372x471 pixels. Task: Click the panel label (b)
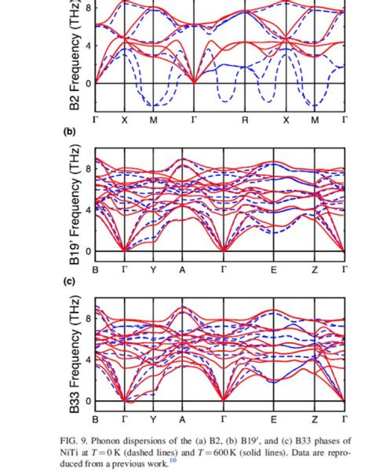(69, 132)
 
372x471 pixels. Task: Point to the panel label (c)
(69, 282)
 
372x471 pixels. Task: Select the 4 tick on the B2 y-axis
(88, 45)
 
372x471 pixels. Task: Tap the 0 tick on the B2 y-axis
(88, 83)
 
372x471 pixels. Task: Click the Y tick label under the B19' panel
(153, 269)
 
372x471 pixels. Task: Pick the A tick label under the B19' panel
(182, 269)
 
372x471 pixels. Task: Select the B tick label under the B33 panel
(96, 419)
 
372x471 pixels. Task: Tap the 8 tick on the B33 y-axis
(88, 318)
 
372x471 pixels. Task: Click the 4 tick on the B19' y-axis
(88, 210)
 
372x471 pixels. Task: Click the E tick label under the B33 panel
(274, 419)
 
